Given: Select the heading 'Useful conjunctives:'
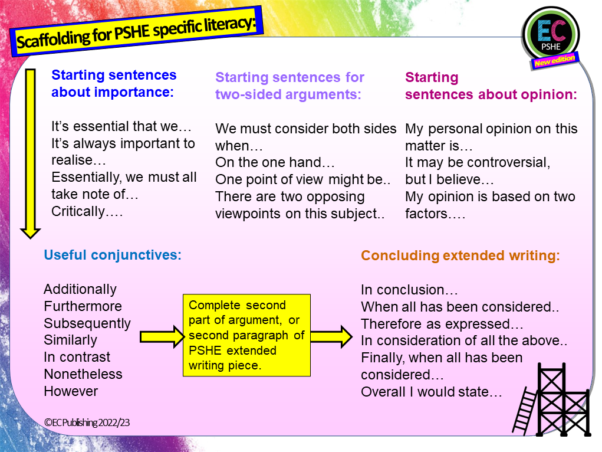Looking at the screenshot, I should coord(113,255).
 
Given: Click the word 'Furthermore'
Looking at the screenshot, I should coord(83,306).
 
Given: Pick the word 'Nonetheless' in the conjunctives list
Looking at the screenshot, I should coord(83,374).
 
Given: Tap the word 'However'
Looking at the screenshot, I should coord(71,391).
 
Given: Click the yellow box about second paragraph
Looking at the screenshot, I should coord(246,335).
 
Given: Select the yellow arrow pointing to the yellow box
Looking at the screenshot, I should coord(162,336).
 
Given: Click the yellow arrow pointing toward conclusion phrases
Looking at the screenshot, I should coord(331,336).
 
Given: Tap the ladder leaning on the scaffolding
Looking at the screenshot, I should coord(524,412).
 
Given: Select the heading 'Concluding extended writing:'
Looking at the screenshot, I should coord(460,256).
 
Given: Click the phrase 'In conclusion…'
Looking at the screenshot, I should coord(409,290).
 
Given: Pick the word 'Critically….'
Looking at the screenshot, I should coord(87,211).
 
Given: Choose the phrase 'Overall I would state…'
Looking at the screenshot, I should coord(431,391).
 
